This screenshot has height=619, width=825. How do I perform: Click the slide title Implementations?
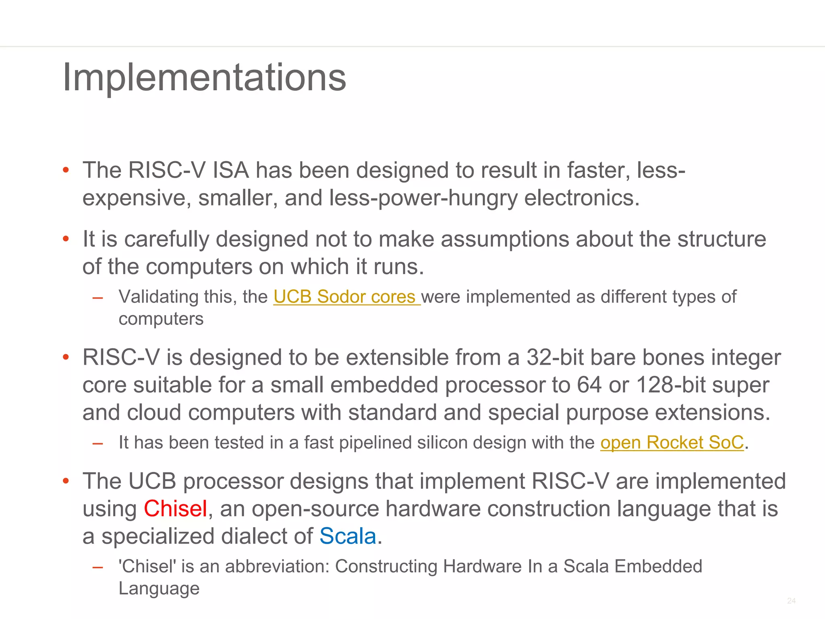point(204,77)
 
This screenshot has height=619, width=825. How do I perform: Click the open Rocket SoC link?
point(672,442)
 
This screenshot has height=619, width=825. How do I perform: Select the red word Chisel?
point(175,509)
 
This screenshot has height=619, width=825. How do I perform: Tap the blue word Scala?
point(348,536)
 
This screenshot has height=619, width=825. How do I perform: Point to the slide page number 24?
point(791,601)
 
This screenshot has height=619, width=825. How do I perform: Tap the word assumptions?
point(505,239)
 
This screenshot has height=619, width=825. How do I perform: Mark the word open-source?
point(315,509)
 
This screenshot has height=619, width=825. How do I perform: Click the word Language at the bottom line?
point(159,589)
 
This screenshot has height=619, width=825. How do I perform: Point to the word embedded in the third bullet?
point(384,385)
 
